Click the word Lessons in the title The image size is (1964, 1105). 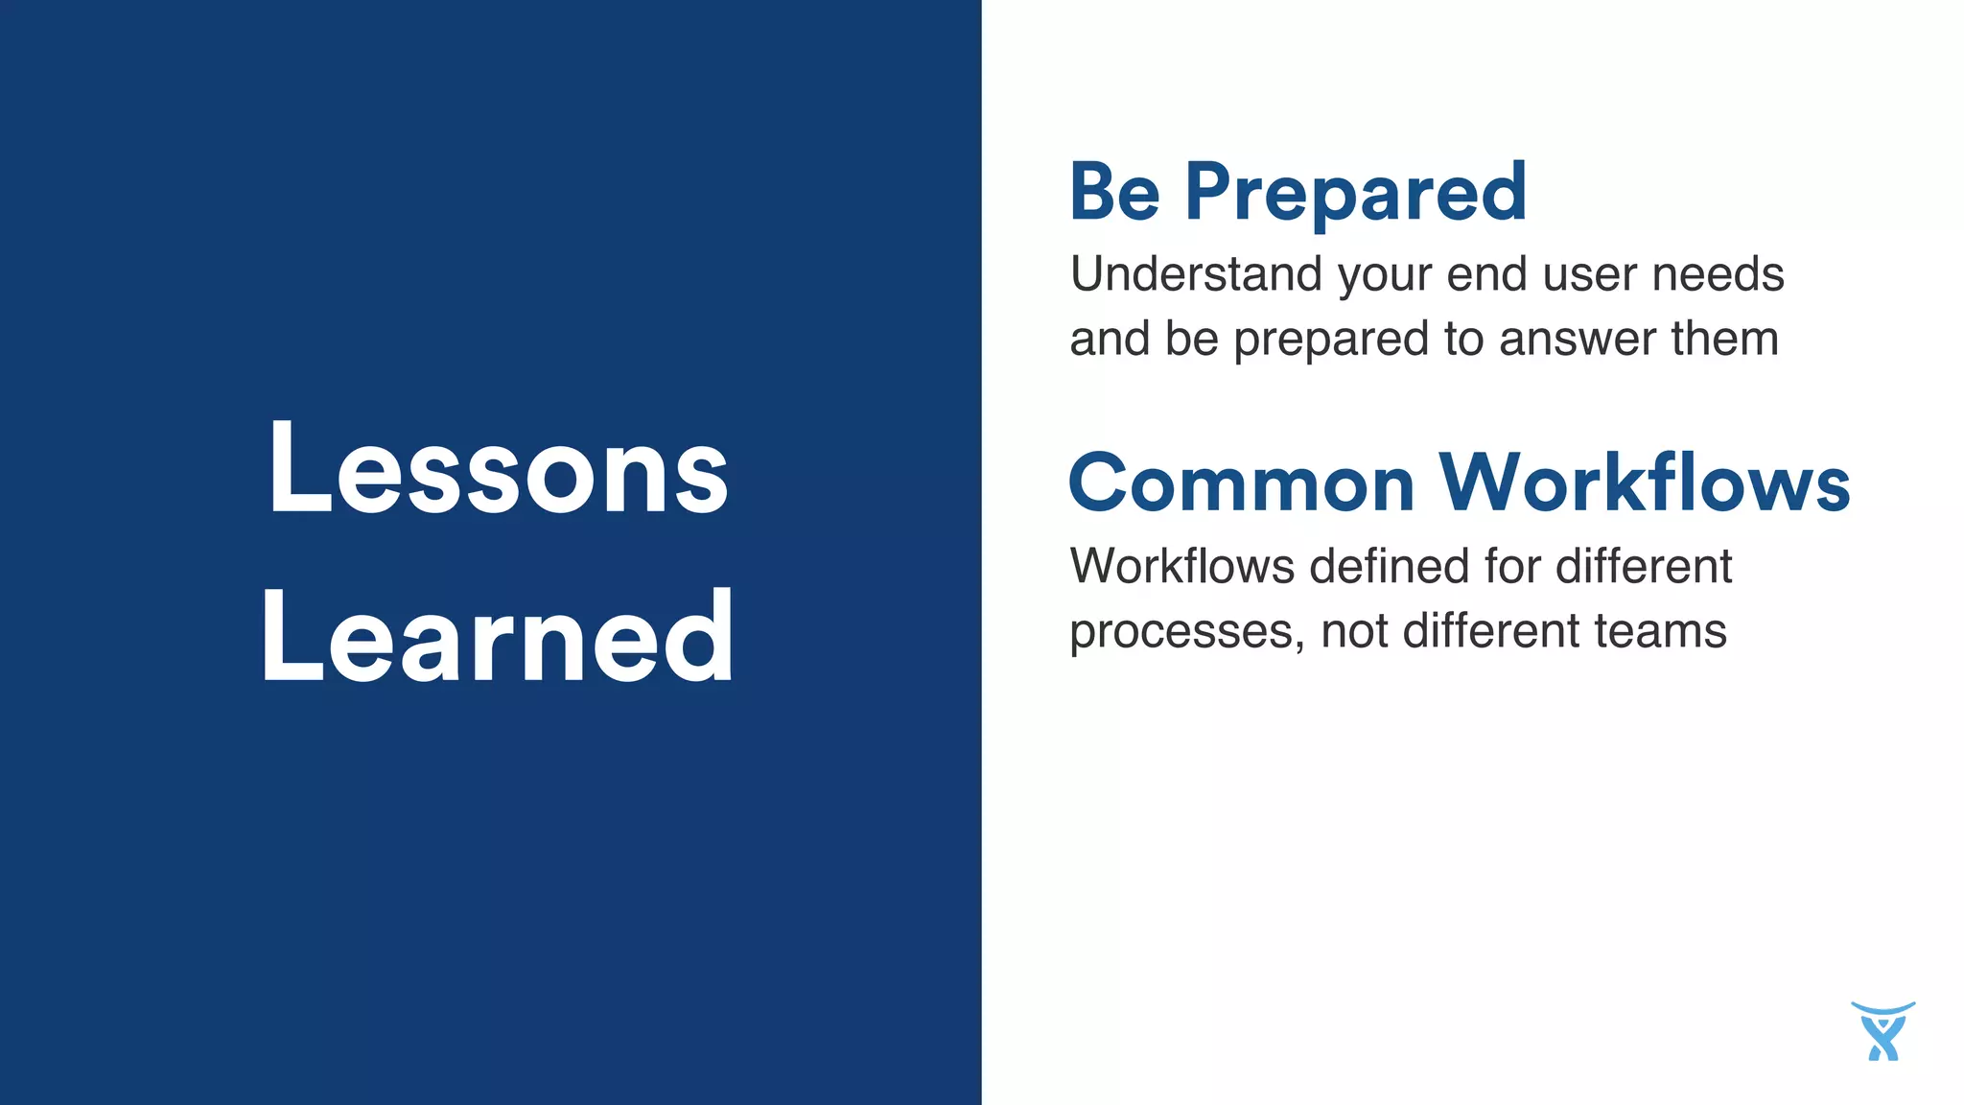(498, 470)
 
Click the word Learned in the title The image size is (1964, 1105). (498, 637)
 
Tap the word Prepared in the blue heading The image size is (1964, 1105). (1355, 194)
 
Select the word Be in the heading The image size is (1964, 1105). (1114, 192)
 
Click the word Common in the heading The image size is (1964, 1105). (1241, 484)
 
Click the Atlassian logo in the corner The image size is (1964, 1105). (1882, 1032)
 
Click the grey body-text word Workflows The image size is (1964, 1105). (1181, 566)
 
